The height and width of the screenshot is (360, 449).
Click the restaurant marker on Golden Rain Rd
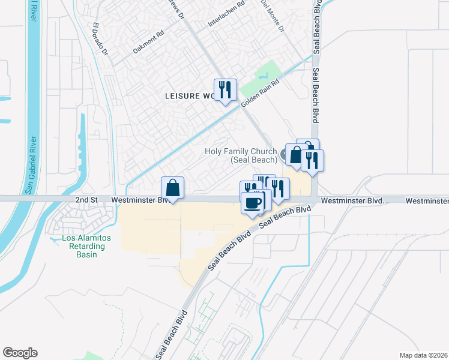coord(225,90)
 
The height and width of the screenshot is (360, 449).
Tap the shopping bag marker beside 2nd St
coord(172,188)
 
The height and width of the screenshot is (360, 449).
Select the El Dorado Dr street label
coord(100,40)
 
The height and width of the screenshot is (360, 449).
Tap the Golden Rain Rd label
coord(261,95)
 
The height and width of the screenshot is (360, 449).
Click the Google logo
coord(20,353)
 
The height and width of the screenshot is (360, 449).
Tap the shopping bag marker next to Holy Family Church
coord(296,155)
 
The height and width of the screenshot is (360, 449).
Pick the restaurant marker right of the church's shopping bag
coord(312,160)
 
